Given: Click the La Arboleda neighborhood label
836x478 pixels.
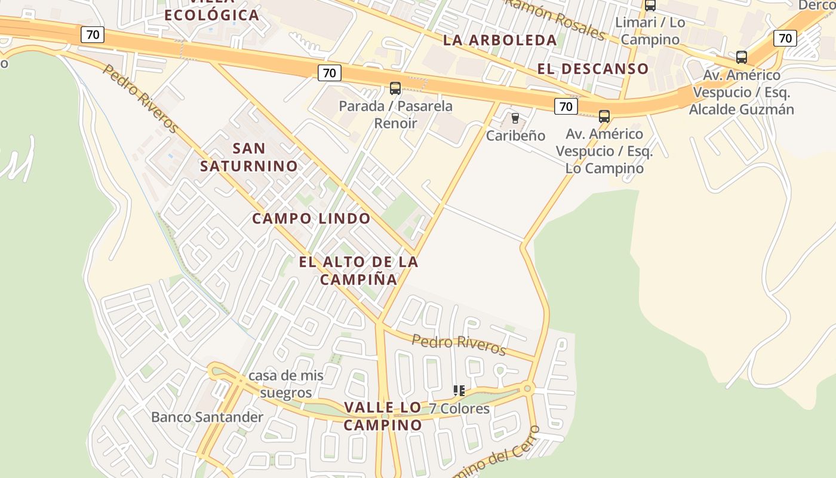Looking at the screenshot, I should click(x=500, y=40).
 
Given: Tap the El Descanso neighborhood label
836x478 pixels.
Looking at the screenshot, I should click(x=592, y=68).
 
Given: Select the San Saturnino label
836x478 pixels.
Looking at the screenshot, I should click(x=249, y=157).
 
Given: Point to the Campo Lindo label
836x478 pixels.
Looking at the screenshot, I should click(x=311, y=218).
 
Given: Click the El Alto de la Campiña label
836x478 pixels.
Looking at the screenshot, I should click(x=359, y=270).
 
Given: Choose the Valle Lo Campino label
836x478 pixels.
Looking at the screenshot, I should click(x=383, y=416).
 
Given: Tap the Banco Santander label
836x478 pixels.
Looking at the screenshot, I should click(x=207, y=416).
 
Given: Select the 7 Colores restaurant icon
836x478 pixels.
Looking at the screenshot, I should click(x=459, y=391).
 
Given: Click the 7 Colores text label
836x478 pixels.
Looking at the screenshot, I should click(x=459, y=409).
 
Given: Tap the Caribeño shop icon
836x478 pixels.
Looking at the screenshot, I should click(x=515, y=118).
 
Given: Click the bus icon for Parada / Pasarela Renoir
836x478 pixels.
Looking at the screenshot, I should click(x=395, y=88).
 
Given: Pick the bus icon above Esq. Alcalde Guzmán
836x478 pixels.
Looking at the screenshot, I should click(x=741, y=57).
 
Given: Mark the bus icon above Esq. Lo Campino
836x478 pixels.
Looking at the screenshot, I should click(x=604, y=116).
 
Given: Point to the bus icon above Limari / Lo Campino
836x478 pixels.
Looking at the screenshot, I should click(x=650, y=5).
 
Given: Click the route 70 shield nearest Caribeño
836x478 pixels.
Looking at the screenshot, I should click(x=565, y=106).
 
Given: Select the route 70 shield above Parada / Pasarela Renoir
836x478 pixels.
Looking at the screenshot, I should click(x=328, y=73).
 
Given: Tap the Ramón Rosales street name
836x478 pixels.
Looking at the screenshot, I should click(x=555, y=19).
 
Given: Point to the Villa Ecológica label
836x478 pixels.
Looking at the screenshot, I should click(x=211, y=12).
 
